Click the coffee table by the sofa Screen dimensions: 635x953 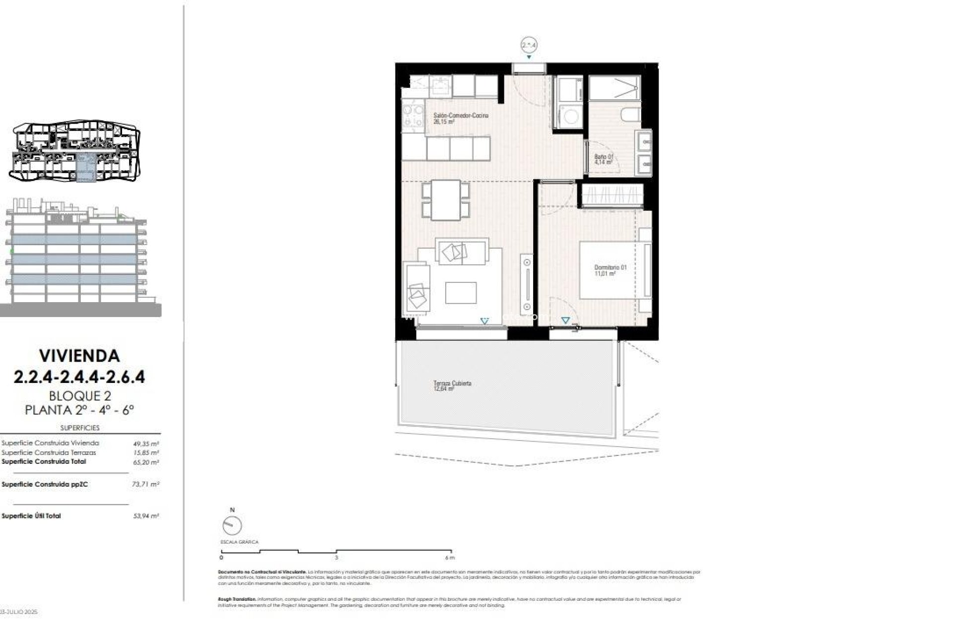point(461,293)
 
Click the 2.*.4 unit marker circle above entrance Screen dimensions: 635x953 point(529,45)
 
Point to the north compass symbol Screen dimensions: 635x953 point(232,525)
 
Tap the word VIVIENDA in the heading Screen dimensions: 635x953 point(79,356)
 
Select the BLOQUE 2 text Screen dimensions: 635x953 point(79,396)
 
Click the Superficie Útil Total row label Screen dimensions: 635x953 point(31,516)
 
